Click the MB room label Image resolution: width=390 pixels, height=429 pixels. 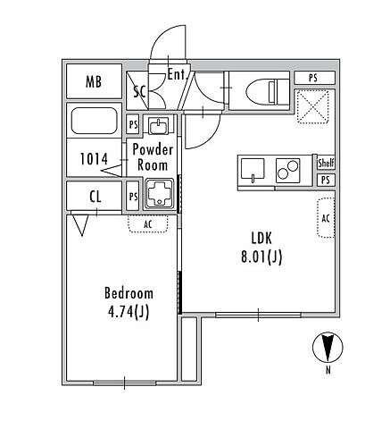pos(94,81)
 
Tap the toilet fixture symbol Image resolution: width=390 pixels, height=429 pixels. pos(268,91)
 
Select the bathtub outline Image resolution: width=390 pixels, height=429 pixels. pos(94,121)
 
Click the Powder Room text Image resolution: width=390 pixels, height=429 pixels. pos(153,157)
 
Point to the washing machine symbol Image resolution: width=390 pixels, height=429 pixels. pos(159,193)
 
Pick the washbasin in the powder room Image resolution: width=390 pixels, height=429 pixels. pos(159,126)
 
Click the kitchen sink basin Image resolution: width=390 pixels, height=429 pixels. pos(253,169)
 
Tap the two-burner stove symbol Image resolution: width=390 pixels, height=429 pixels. pos(287,169)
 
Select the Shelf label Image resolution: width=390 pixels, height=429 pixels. pos(326,163)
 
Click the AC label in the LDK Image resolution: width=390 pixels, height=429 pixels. pos(326,218)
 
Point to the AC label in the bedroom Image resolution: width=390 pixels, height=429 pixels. pos(148,224)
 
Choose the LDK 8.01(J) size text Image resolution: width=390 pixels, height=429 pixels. pos(261,248)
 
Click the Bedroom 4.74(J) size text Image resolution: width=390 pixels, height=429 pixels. pos(129,303)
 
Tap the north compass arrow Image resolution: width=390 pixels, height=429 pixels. pos(328,347)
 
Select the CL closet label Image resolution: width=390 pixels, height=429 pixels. pos(95,197)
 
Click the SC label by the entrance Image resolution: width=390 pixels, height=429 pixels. pos(139,92)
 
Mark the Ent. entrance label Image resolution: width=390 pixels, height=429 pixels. pos(176,74)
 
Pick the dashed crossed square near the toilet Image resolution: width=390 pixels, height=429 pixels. pos(313,106)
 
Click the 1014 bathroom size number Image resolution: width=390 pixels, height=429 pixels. pos(94,159)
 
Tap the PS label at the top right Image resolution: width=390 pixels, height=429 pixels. pos(312,79)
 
